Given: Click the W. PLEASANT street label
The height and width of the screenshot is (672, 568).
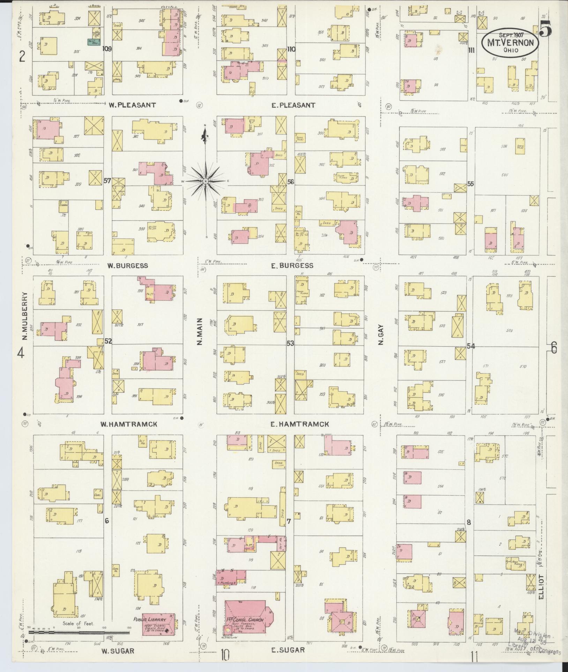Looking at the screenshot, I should coord(132,105).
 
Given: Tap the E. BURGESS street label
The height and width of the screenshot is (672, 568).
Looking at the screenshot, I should coord(292,266).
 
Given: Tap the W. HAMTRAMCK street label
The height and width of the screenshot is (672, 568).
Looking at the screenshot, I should coord(129,424).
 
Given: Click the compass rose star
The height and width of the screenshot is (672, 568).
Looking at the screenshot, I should coord(206,181).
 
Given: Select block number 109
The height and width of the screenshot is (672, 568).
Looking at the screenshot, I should coord(107,49).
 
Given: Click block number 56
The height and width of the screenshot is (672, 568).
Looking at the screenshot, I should coord(290,182).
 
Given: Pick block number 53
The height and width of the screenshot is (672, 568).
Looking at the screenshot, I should coord(290,343).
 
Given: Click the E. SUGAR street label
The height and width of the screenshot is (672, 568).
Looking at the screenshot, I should coord(288,650).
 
